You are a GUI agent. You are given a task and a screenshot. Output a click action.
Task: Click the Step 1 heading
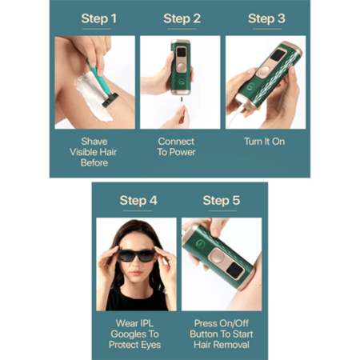pyautogui.click(x=98, y=18)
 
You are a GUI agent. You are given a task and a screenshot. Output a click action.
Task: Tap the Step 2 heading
pyautogui.click(x=182, y=18)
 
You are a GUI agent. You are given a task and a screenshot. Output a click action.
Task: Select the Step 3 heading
pyautogui.click(x=266, y=18)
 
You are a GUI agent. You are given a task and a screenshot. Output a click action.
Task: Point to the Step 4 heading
pyautogui.click(x=138, y=201)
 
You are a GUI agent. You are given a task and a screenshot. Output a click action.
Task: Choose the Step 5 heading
pyautogui.click(x=222, y=201)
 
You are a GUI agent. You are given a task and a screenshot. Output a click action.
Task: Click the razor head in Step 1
pyautogui.click(x=110, y=100)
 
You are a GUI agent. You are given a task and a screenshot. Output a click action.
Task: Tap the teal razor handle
pyautogui.click(x=98, y=78)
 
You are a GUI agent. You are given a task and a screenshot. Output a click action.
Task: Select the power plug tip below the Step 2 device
pyautogui.click(x=182, y=100)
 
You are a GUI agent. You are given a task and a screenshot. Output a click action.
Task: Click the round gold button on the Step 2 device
pyautogui.click(x=181, y=66)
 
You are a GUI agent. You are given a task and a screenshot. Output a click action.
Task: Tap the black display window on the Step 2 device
pyautogui.click(x=182, y=52)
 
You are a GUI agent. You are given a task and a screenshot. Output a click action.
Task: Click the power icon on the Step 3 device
pyautogui.click(x=250, y=86)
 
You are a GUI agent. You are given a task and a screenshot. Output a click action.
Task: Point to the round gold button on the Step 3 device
pyautogui.click(x=264, y=71)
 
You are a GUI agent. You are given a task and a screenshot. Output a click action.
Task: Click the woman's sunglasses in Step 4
pyautogui.click(x=136, y=255)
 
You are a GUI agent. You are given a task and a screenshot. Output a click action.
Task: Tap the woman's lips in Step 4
pyautogui.click(x=136, y=273)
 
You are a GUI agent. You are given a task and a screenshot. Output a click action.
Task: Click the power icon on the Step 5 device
pyautogui.click(x=200, y=244)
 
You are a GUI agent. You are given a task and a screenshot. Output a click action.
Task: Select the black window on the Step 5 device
pyautogui.click(x=235, y=270)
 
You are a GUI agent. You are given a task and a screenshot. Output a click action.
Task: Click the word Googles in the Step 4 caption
pyautogui.click(x=134, y=334)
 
